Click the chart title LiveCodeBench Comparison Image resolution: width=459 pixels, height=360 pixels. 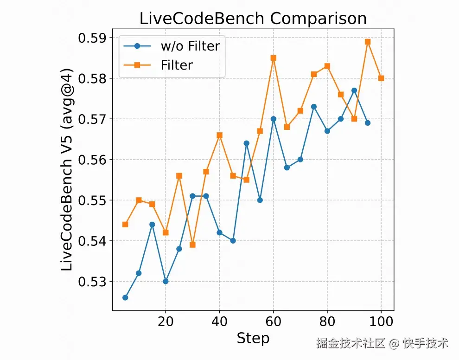(x=253, y=19)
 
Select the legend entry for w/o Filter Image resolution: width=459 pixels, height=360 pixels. (x=190, y=46)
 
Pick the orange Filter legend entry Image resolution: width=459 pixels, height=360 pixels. (x=177, y=65)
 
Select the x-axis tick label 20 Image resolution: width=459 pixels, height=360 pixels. (x=166, y=321)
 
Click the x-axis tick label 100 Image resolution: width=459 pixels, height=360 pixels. (x=381, y=321)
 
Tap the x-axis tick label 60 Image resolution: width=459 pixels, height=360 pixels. (x=274, y=321)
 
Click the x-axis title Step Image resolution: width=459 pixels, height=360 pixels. (x=253, y=339)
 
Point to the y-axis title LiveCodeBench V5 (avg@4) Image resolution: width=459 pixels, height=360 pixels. (x=68, y=174)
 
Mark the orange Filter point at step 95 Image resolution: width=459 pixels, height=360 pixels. (x=368, y=42)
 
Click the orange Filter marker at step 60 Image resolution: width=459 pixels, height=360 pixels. (x=274, y=58)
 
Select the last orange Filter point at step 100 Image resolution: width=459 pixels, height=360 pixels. (x=381, y=78)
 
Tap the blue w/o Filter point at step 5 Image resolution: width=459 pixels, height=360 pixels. (x=125, y=297)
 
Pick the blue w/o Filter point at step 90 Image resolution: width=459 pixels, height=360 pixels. (x=354, y=90)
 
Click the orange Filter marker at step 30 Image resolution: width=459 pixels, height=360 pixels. (x=192, y=244)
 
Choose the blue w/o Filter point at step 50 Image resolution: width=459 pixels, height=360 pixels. (x=247, y=143)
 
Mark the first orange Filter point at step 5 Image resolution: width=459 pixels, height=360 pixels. (x=125, y=224)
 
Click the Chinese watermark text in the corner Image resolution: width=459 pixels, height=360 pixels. (x=382, y=344)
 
